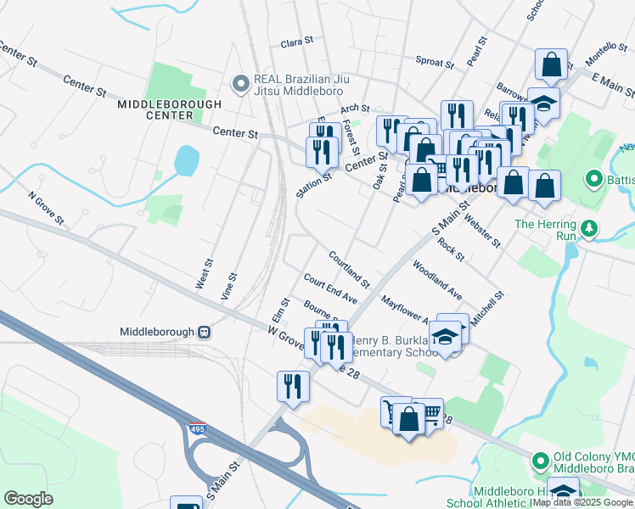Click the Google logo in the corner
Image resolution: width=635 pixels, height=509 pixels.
(28, 498)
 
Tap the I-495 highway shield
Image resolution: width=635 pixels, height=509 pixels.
(197, 428)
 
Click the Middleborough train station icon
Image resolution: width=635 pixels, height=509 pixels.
(204, 332)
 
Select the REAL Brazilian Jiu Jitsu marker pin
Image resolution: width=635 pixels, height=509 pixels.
(240, 83)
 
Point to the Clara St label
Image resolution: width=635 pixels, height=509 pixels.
(297, 41)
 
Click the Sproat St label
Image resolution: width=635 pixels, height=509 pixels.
(436, 61)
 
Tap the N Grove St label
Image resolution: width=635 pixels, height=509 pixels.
(46, 207)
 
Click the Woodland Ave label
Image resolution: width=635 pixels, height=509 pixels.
(437, 281)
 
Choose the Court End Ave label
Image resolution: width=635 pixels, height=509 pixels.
(330, 288)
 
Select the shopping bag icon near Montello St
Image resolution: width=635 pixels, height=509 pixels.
(551, 64)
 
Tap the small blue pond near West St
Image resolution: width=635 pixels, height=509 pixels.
(185, 159)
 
